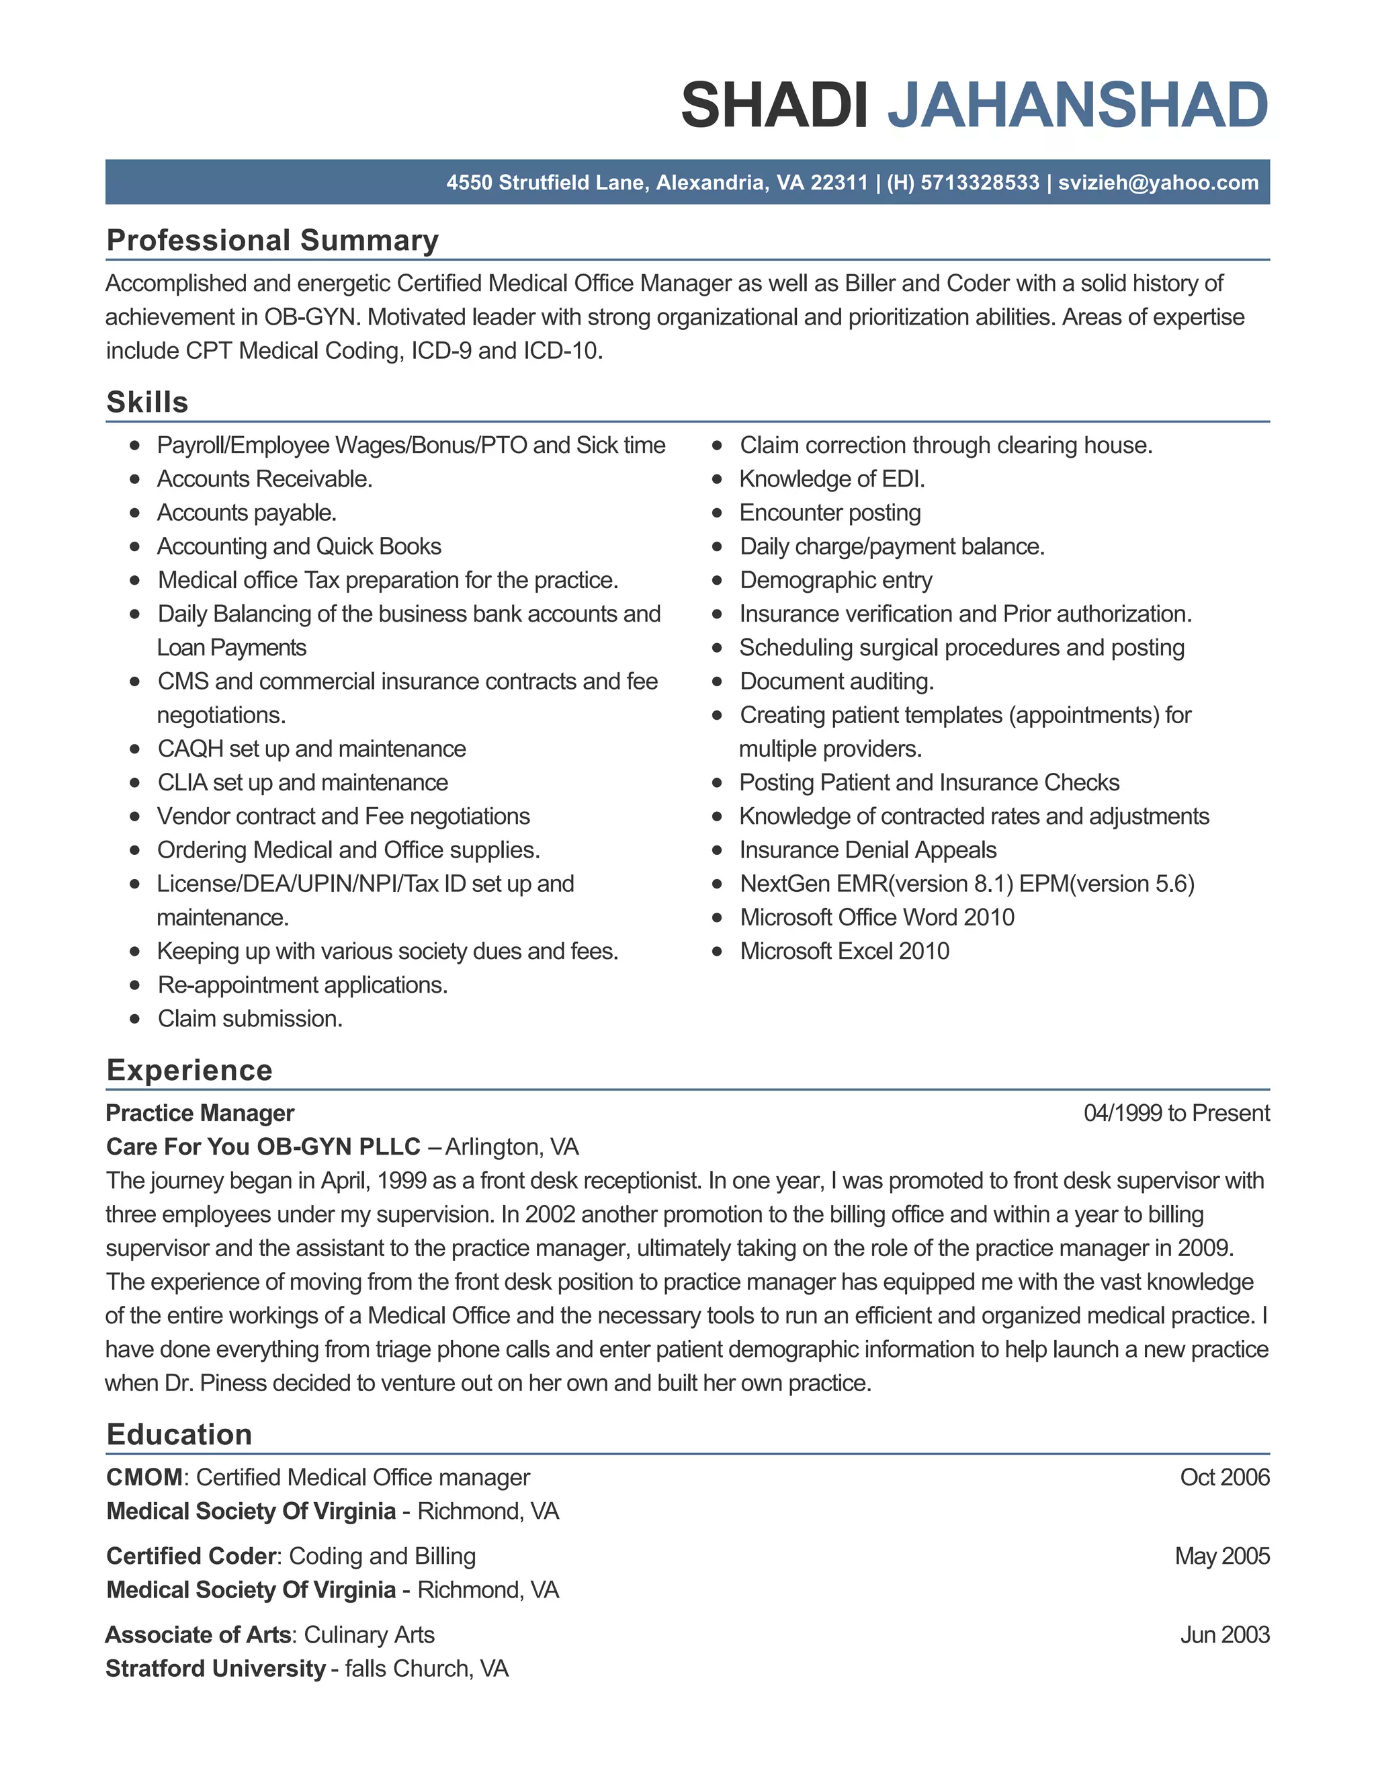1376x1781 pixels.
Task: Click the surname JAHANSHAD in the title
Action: coord(1077,106)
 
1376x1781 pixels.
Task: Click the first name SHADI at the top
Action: coord(775,106)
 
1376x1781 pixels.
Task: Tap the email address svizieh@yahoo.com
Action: coord(1158,182)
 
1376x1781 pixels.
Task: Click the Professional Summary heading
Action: coord(272,241)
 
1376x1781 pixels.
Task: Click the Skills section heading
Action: coord(148,402)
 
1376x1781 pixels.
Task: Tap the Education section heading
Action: coord(179,1434)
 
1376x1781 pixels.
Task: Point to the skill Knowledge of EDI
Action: coord(832,479)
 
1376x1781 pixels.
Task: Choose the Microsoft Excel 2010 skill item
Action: coord(844,951)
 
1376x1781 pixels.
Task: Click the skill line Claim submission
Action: coord(249,1018)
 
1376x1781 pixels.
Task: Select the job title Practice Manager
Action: coord(200,1113)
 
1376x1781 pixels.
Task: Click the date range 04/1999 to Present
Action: coord(1176,1113)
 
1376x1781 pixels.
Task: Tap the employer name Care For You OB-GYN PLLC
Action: coord(263,1147)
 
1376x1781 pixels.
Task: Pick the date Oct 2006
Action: coord(1223,1477)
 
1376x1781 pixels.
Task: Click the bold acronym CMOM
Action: coord(144,1477)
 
